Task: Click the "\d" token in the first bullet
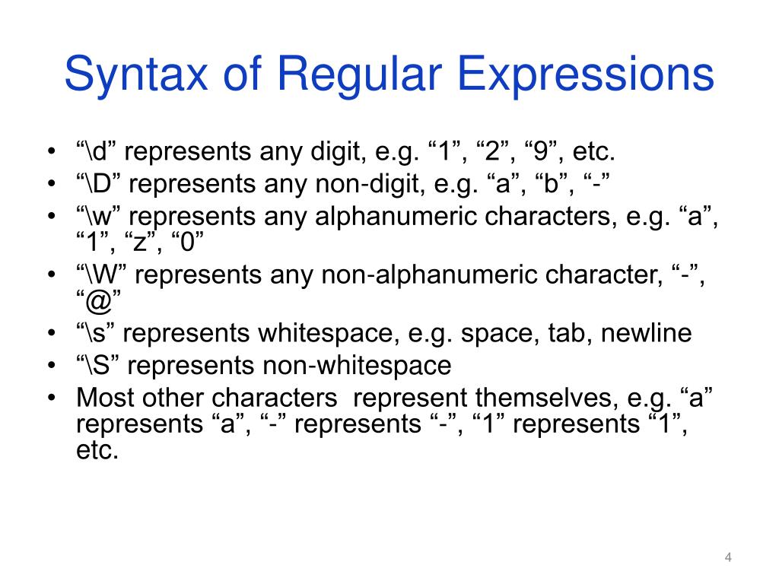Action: (x=96, y=152)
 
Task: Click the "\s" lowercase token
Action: (x=94, y=333)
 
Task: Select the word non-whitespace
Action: (x=357, y=365)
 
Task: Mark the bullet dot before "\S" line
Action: (x=50, y=366)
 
